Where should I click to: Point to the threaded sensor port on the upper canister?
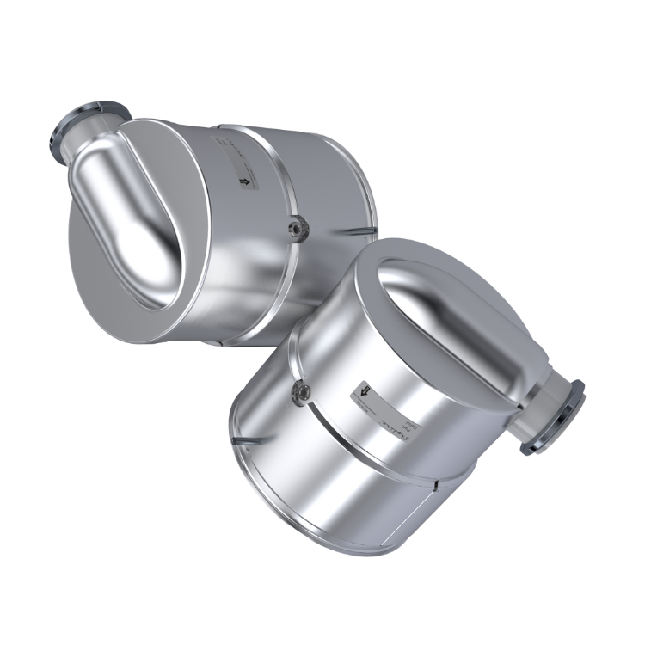[x=296, y=227]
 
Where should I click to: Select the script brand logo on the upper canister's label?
[x=225, y=142]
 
